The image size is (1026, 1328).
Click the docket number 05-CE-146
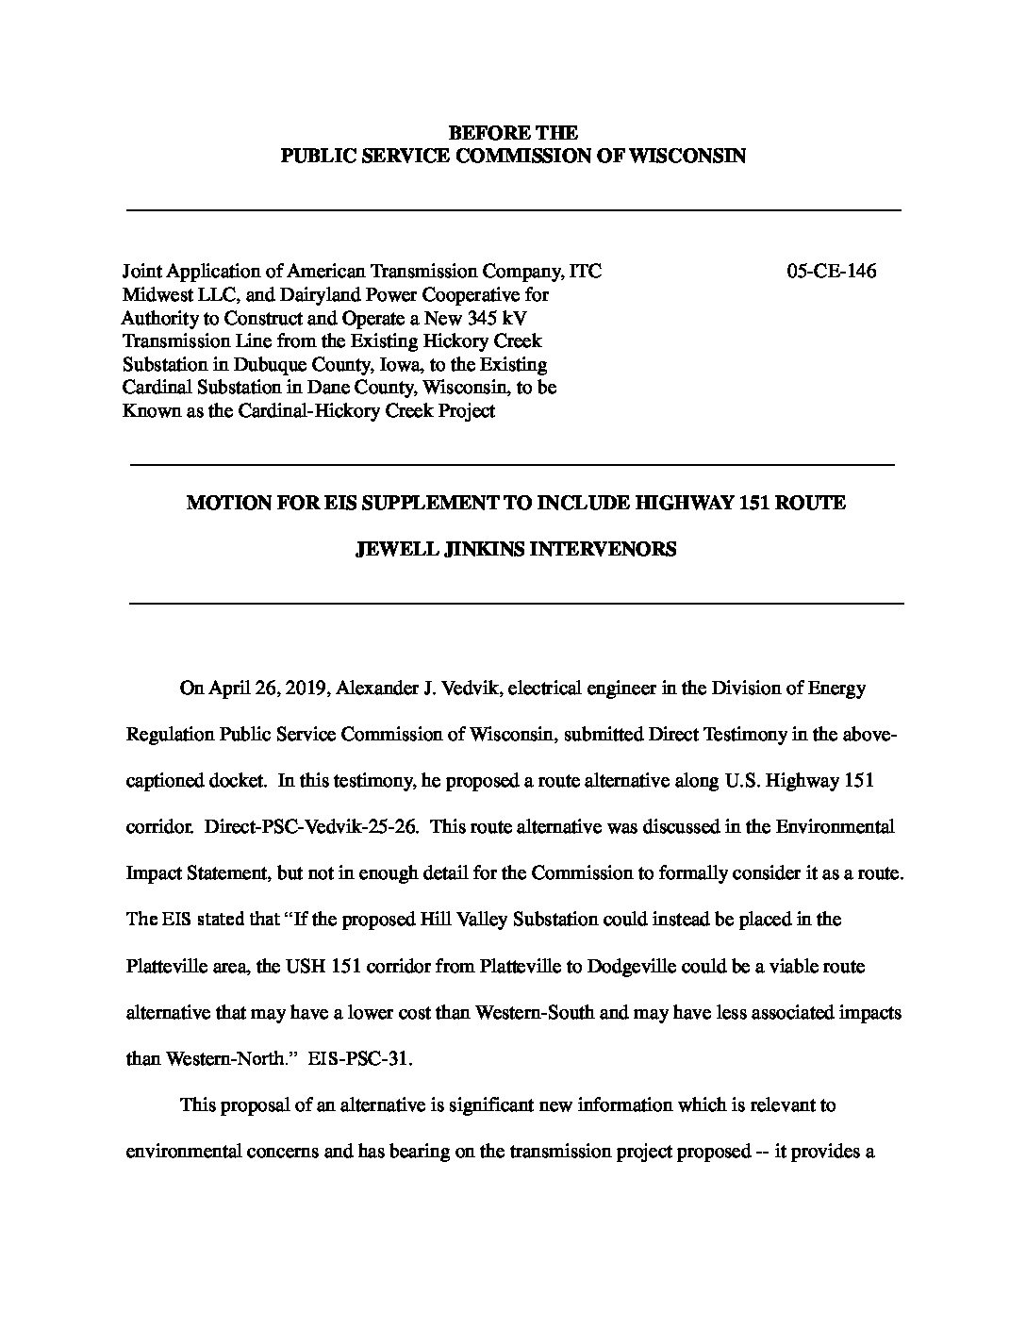coord(831,272)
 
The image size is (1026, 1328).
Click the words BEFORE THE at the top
coord(513,133)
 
